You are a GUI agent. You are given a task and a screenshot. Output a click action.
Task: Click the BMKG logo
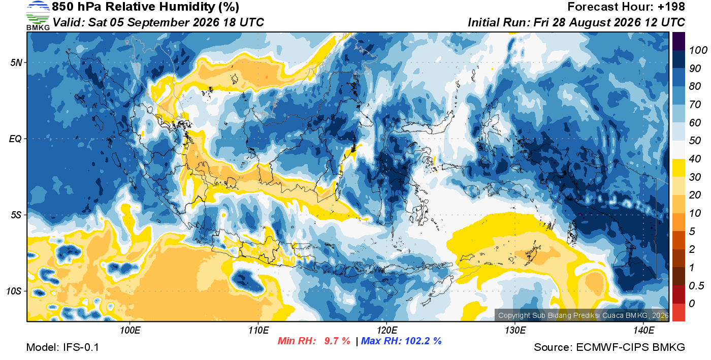pyautogui.click(x=38, y=16)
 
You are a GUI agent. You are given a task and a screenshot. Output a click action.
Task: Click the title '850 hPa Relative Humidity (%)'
pyautogui.click(x=145, y=7)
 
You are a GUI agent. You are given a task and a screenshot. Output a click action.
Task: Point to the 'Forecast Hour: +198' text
pyautogui.click(x=626, y=7)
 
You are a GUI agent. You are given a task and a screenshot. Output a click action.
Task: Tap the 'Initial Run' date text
pyautogui.click(x=576, y=22)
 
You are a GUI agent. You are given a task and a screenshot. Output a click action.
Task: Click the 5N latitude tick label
pyautogui.click(x=16, y=62)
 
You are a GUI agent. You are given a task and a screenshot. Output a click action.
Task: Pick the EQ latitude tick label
pyautogui.click(x=15, y=139)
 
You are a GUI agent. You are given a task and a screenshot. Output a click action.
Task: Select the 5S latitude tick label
pyautogui.click(x=16, y=215)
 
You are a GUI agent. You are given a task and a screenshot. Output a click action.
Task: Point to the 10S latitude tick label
pyautogui.click(x=14, y=291)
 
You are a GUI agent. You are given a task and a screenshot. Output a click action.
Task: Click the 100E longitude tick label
pyautogui.click(x=130, y=330)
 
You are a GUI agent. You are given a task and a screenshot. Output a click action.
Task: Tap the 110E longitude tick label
pyautogui.click(x=258, y=330)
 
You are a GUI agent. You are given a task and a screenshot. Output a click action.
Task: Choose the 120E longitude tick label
pyautogui.click(x=386, y=330)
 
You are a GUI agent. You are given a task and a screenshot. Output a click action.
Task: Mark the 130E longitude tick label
pyautogui.click(x=515, y=330)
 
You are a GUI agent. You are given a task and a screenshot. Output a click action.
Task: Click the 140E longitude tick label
pyautogui.click(x=643, y=330)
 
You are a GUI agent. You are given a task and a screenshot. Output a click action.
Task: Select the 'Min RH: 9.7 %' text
pyautogui.click(x=314, y=341)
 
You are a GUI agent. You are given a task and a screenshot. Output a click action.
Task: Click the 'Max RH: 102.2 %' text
pyautogui.click(x=401, y=341)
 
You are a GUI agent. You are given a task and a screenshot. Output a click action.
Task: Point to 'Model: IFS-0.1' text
pyautogui.click(x=62, y=347)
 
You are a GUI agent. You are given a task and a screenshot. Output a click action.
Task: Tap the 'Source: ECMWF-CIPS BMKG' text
pyautogui.click(x=609, y=347)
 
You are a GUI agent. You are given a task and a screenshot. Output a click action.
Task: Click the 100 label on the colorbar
pyautogui.click(x=698, y=50)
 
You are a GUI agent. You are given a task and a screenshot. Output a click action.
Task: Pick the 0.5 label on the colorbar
pyautogui.click(x=696, y=286)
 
